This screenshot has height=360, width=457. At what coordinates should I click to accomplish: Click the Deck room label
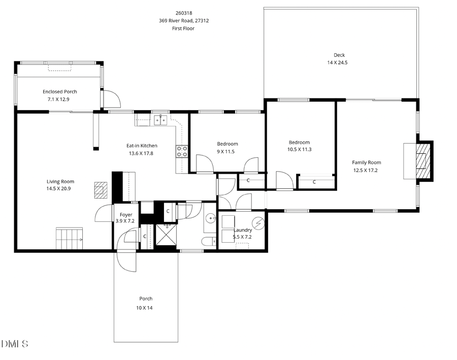339,55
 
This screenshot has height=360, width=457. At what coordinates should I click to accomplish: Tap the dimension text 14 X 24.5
339,62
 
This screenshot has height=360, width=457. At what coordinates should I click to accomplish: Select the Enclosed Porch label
59,91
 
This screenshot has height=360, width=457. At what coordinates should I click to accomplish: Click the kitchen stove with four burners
182,151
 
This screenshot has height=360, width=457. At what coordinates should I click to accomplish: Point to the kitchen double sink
160,120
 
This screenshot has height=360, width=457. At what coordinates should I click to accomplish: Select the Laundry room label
242,230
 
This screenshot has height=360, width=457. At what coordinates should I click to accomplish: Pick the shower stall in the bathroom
165,234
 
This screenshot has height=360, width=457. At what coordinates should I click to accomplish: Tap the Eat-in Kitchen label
142,146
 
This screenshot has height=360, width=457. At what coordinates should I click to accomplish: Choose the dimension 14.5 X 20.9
60,188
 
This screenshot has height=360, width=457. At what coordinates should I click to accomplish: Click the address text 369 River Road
183,21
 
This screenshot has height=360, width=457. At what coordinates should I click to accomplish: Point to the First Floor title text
183,28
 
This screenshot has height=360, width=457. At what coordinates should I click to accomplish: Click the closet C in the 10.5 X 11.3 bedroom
314,182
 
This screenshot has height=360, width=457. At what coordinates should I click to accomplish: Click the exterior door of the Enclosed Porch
111,98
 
